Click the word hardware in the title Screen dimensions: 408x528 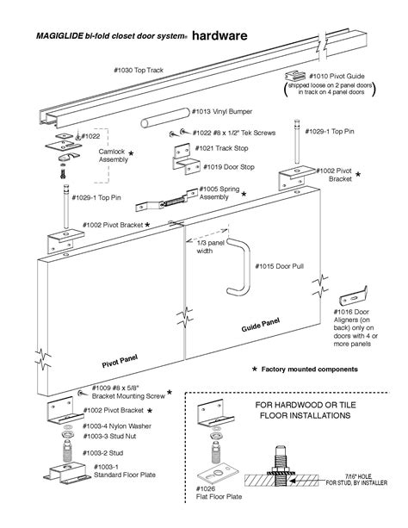[219, 35]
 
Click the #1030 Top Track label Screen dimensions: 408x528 [139, 70]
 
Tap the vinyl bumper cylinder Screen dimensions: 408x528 [165, 118]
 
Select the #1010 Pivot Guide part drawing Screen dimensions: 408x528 [295, 76]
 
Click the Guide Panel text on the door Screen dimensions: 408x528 [260, 325]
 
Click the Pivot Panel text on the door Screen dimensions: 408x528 [120, 361]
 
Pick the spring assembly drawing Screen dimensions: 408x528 [167, 200]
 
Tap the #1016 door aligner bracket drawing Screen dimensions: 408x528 [354, 295]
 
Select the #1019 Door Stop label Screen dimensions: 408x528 [229, 167]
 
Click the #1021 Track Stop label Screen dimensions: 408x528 [221, 148]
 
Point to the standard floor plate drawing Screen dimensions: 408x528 [66, 473]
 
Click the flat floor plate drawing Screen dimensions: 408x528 [218, 475]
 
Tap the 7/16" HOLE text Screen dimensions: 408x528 [358, 476]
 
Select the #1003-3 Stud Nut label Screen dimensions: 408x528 [109, 436]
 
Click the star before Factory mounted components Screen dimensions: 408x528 [255, 369]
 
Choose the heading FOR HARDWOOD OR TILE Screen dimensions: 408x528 [306, 405]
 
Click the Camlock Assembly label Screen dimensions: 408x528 [114, 156]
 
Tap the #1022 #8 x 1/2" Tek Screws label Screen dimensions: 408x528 [234, 133]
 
